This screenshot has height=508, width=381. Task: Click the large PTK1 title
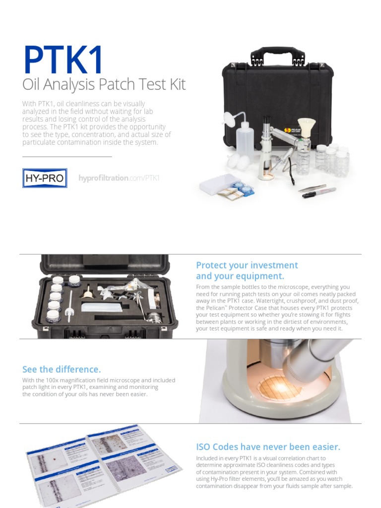point(63,59)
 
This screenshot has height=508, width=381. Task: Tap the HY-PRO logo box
point(45,178)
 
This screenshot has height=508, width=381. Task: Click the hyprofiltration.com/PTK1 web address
point(119,178)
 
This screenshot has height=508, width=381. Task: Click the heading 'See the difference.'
point(62,369)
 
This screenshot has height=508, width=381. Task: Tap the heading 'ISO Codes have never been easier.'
point(268,446)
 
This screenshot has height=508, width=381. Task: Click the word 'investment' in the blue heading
point(274,265)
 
